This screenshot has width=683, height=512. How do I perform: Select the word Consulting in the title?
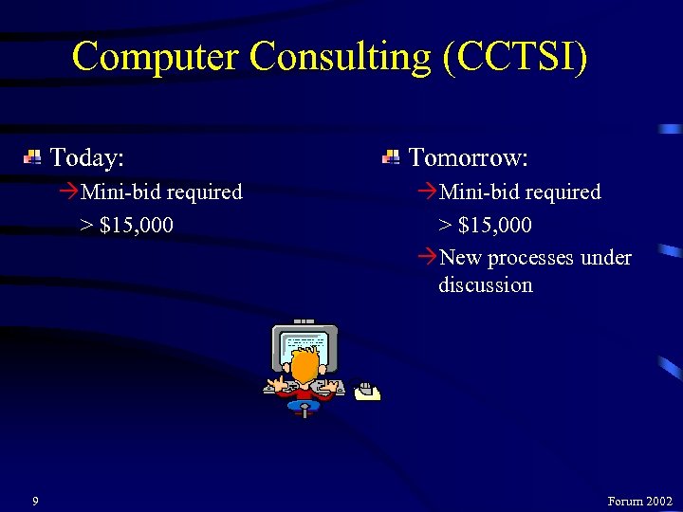(x=341, y=56)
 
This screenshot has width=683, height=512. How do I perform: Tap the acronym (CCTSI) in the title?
(x=515, y=56)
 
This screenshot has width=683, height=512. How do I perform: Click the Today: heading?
(x=87, y=155)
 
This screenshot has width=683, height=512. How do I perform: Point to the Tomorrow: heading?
(x=468, y=155)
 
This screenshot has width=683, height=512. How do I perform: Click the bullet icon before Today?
(x=32, y=156)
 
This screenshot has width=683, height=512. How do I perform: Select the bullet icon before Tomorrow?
(x=391, y=156)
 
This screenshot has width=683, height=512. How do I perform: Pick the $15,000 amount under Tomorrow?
(x=494, y=226)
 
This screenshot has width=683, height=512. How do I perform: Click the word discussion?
(x=485, y=284)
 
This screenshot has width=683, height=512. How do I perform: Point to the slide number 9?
(x=35, y=501)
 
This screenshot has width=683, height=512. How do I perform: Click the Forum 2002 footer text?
(x=639, y=501)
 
